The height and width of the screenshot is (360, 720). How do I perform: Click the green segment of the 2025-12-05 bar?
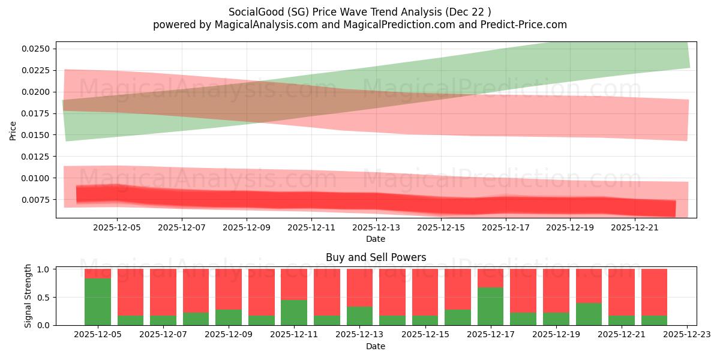[x=98, y=302]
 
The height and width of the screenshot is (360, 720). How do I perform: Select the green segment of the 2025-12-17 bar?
[x=490, y=307]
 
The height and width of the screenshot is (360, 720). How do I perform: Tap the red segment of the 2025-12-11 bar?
[x=294, y=284]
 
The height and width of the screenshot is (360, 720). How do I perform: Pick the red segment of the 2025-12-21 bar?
[x=621, y=292]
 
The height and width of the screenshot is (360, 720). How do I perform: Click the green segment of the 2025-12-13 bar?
[x=359, y=316]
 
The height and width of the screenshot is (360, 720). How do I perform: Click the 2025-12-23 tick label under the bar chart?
[x=686, y=335]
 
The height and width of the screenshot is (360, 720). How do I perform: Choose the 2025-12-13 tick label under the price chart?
[x=376, y=227]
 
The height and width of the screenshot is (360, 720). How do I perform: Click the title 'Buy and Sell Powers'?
[x=376, y=257]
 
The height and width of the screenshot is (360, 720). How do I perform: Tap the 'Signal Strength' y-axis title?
[x=28, y=296]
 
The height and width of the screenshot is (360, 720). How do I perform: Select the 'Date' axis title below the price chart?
[x=376, y=239]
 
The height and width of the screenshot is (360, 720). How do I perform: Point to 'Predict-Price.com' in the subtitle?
[x=526, y=25]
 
